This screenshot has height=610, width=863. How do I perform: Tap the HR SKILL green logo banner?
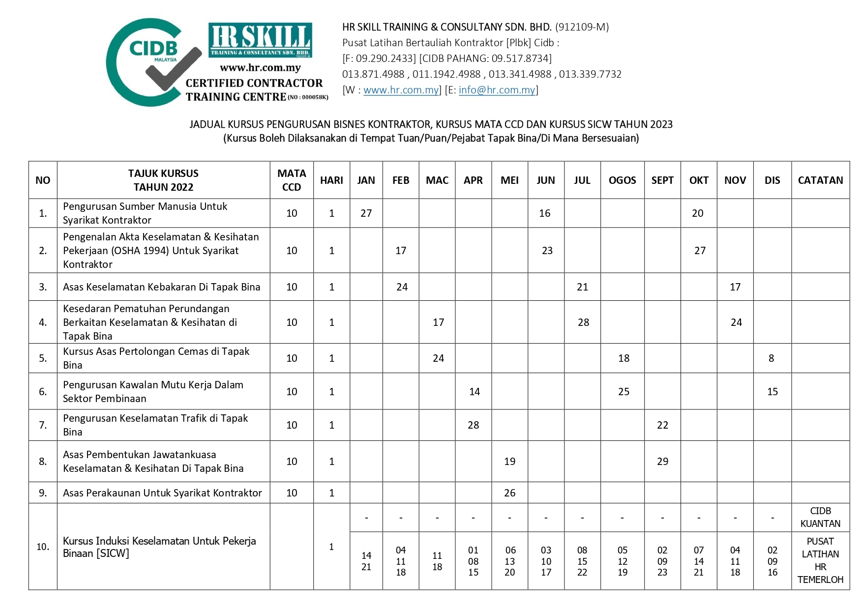pos(260,40)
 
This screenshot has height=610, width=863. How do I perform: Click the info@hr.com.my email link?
pos(497,90)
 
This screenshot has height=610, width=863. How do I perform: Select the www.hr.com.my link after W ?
pos(401,90)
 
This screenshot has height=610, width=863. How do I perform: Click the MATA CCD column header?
pos(292,180)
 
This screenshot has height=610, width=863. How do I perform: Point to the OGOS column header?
pos(622,180)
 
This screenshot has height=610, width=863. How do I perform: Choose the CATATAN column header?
pos(820,180)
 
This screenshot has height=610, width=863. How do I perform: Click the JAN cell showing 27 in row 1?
pos(366,213)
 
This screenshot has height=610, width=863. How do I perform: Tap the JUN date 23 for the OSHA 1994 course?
pos(547,251)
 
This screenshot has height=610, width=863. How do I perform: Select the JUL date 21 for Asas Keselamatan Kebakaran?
pos(582,287)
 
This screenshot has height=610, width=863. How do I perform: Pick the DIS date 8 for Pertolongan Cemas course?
pos(771,358)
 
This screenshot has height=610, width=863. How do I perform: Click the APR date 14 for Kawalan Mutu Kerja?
pos(474,392)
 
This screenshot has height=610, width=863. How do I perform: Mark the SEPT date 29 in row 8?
pos(662,462)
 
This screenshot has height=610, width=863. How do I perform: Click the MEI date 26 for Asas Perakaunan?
pos(509,493)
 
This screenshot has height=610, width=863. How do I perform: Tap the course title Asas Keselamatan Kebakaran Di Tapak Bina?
pos(161,287)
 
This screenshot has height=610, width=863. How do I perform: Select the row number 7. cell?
pos(43,425)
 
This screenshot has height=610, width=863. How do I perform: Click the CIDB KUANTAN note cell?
pos(820,517)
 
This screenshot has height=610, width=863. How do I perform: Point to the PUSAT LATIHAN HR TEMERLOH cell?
pos(820,560)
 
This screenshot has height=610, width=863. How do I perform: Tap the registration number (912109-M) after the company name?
pos(582,27)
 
